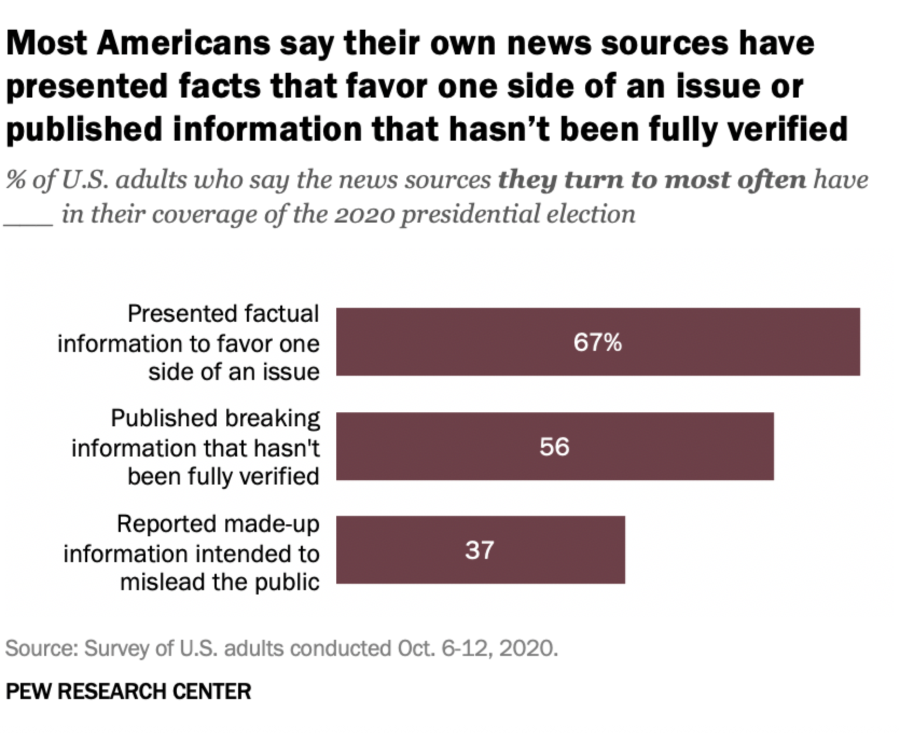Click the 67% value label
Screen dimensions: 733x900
[597, 342]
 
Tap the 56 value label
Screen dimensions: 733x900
[554, 447]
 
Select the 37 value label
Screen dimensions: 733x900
[479, 550]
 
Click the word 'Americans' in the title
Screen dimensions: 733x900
[183, 43]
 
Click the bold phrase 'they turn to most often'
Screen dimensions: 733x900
[652, 180]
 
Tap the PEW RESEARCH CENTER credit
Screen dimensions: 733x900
[128, 691]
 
